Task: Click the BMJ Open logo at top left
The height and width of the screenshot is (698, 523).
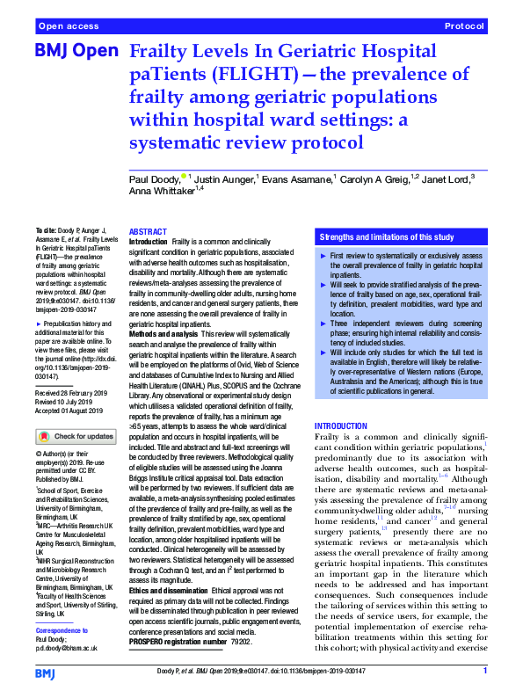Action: pos(76,51)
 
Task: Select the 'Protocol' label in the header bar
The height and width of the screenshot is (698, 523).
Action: pos(464,27)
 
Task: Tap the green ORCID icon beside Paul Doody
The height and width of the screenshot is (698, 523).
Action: pos(184,175)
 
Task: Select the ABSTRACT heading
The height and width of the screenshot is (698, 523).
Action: pos(148,232)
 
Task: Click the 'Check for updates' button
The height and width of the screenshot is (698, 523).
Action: pos(76,436)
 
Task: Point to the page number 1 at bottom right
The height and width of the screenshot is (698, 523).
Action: pos(484,672)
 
